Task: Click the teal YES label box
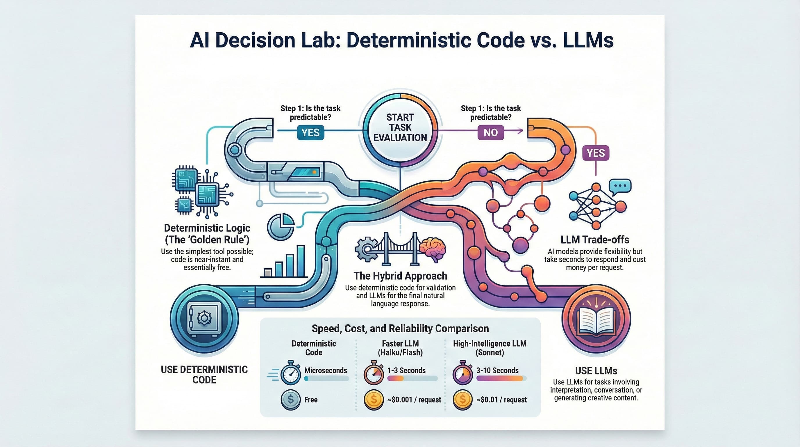(x=310, y=133)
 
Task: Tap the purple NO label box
(x=490, y=133)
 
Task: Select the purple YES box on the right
(x=595, y=153)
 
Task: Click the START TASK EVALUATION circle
(x=400, y=127)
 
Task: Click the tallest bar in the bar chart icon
(x=300, y=261)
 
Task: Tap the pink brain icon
(x=432, y=249)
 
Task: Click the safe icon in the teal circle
(x=204, y=318)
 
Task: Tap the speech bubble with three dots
(x=620, y=186)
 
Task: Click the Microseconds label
(x=326, y=370)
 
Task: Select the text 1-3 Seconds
(x=406, y=370)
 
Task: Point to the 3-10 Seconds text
(x=497, y=370)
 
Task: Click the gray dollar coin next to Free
(x=290, y=400)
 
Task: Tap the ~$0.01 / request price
(x=501, y=400)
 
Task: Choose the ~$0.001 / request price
(x=414, y=400)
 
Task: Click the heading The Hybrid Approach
(x=400, y=276)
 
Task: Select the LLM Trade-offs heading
(x=595, y=240)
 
